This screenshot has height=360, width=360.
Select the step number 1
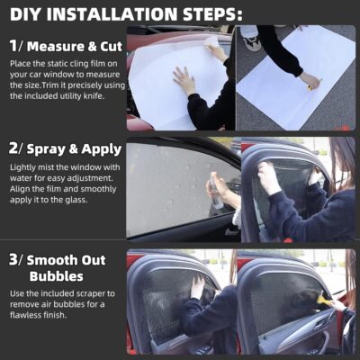(13, 44)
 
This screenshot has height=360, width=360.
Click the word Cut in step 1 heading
(103, 44)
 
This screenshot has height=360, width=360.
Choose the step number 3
(13, 261)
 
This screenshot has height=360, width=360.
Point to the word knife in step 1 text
(93, 95)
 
